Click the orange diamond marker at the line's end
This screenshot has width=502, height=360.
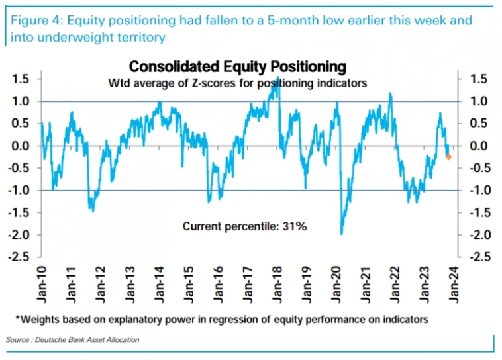(448, 157)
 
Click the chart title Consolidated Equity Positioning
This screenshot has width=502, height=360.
(238, 67)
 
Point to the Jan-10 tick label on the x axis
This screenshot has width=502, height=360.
(41, 282)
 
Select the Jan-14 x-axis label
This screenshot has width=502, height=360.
(160, 282)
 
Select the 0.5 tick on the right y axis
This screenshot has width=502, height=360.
(478, 124)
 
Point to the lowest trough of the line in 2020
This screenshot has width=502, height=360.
(342, 234)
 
